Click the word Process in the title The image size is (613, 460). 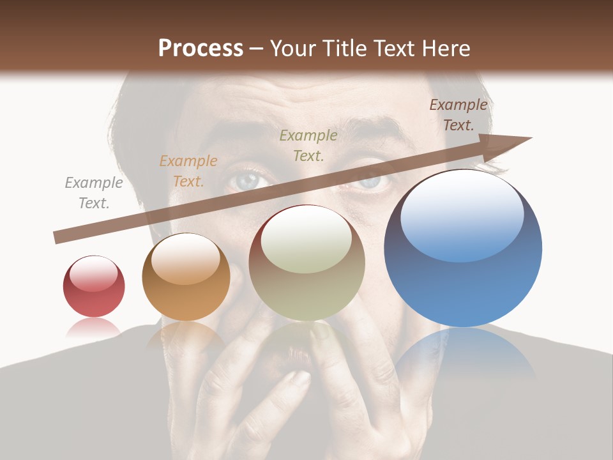201,49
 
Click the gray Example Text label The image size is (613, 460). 94,193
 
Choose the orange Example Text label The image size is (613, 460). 188,171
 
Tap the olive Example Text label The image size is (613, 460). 308,145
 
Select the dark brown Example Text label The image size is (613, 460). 458,115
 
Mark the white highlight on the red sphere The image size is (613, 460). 94,273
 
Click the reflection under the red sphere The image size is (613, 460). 94,328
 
